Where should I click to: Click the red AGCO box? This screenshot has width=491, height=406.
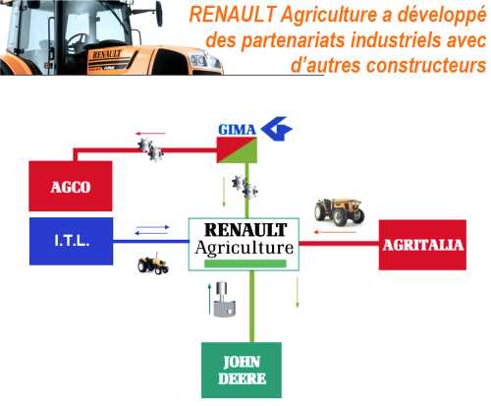[71, 186]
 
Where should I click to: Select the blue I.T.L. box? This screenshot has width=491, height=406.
[72, 241]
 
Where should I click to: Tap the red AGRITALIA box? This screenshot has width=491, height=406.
[422, 245]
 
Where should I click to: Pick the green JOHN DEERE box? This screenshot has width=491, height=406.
[242, 371]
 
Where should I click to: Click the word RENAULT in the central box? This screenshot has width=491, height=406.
[245, 230]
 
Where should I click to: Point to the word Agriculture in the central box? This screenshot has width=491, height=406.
[245, 248]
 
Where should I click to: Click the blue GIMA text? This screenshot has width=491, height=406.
[237, 130]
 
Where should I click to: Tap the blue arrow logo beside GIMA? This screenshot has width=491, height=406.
[277, 129]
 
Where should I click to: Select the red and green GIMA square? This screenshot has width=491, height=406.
[237, 150]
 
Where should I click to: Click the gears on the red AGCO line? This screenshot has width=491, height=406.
[150, 149]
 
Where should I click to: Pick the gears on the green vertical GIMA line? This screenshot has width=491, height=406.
[245, 187]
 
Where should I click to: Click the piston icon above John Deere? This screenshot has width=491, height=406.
[224, 299]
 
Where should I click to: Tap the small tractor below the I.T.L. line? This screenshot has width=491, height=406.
[153, 264]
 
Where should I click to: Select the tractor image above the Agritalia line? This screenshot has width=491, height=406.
[340, 212]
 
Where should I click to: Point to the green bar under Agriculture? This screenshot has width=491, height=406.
[245, 263]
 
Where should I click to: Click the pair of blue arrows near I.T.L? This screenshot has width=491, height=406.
[152, 230]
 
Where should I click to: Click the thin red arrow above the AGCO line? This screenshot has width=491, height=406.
[150, 134]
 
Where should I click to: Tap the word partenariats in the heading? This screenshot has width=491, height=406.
[294, 40]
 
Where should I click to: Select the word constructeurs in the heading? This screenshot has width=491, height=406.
[426, 65]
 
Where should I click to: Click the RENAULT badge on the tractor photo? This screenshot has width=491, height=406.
[107, 54]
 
